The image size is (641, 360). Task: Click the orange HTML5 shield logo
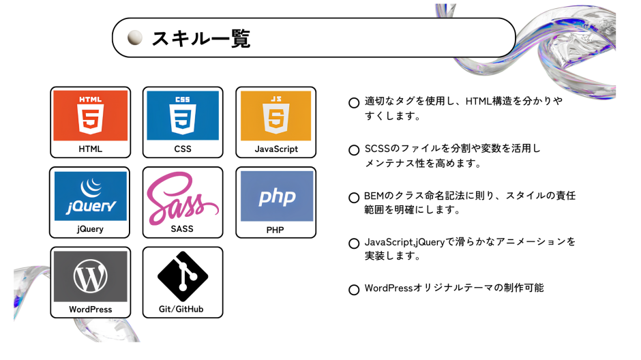[90, 115]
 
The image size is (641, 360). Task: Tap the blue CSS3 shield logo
[183, 115]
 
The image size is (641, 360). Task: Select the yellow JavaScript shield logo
[275, 115]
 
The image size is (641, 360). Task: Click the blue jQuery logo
[91, 196]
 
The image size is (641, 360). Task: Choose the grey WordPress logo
[91, 277]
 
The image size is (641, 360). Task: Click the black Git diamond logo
[183, 276]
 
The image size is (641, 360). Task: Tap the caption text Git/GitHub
[181, 309]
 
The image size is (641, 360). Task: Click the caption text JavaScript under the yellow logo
[276, 149]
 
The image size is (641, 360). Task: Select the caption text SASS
[182, 229]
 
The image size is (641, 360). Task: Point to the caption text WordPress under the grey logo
[91, 310]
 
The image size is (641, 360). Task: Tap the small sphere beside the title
[135, 37]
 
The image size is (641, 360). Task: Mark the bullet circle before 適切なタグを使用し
[354, 103]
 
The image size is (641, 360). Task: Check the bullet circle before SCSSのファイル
[354, 150]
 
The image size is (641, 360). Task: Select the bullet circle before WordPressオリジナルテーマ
[354, 290]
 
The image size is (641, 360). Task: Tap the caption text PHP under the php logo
[275, 230]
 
